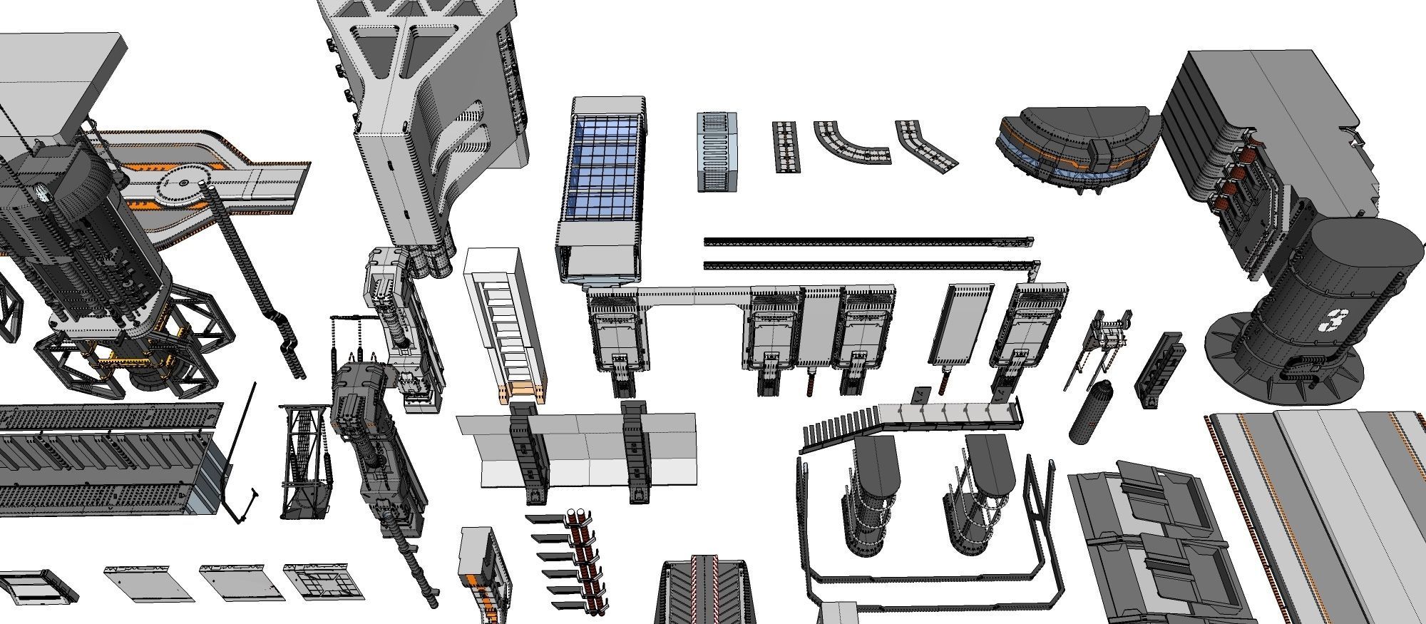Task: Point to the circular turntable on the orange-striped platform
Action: [x=183, y=183]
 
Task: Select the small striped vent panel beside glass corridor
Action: [x=717, y=151]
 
